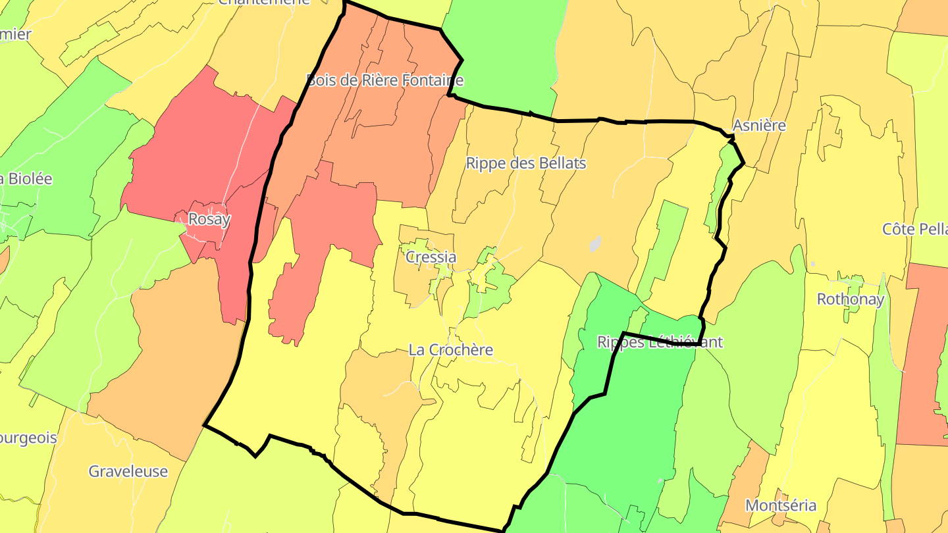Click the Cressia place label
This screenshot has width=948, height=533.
pyautogui.click(x=431, y=257)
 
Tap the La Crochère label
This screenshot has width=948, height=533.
pyautogui.click(x=450, y=349)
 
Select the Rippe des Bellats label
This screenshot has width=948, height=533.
pyautogui.click(x=525, y=163)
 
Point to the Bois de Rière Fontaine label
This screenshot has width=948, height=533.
pyautogui.click(x=385, y=80)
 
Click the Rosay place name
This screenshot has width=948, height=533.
pyautogui.click(x=209, y=219)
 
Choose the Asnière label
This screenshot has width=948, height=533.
pyautogui.click(x=759, y=125)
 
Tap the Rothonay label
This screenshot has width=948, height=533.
pyautogui.click(x=850, y=299)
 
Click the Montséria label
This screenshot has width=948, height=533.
pyautogui.click(x=781, y=505)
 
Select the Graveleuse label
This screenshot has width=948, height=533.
pyautogui.click(x=128, y=471)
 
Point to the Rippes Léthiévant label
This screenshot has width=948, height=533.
pyautogui.click(x=660, y=342)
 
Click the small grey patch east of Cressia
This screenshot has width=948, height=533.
pyautogui.click(x=595, y=244)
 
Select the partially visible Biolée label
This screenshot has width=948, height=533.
pyautogui.click(x=26, y=178)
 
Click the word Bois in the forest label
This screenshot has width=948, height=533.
pyautogui.click(x=321, y=80)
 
